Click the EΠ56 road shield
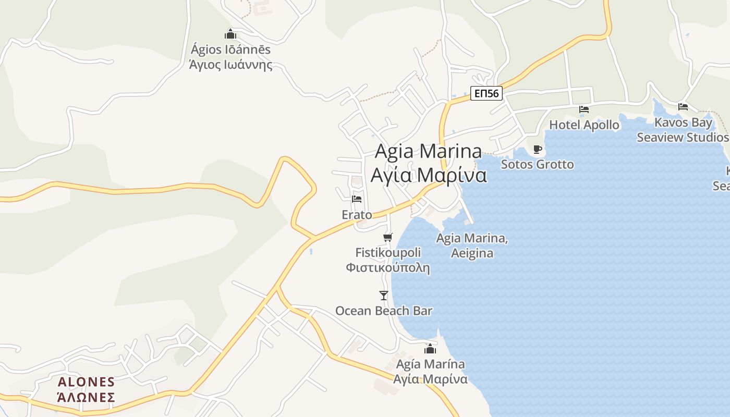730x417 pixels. coord(486,94)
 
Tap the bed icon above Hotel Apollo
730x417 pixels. coord(584,109)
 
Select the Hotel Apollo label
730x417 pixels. coord(584,125)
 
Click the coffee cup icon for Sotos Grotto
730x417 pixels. coord(538,150)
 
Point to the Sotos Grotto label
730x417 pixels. coord(537,165)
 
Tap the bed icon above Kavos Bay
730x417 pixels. coord(683,107)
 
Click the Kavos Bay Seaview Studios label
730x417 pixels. coord(683,130)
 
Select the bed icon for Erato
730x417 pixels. coord(357,199)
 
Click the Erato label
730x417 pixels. coord(357,215)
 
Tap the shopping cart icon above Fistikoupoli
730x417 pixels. coord(387,238)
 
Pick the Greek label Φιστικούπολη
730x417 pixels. coord(387,268)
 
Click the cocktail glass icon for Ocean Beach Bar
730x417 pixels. coord(384,296)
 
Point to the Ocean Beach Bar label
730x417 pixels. coord(384,311)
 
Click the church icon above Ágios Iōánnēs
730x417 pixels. coord(230,34)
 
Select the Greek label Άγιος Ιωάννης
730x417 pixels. coord(230,65)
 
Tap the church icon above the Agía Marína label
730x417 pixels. coord(430,349)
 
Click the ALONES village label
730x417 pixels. coord(86,382)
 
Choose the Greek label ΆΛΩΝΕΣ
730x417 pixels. coord(86,397)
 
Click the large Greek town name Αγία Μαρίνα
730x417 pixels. coord(429,175)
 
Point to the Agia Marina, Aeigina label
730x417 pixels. coord(472,246)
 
